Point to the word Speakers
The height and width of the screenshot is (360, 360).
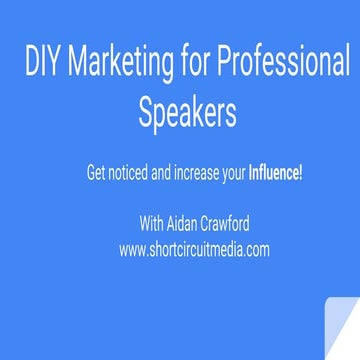(x=187, y=112)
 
